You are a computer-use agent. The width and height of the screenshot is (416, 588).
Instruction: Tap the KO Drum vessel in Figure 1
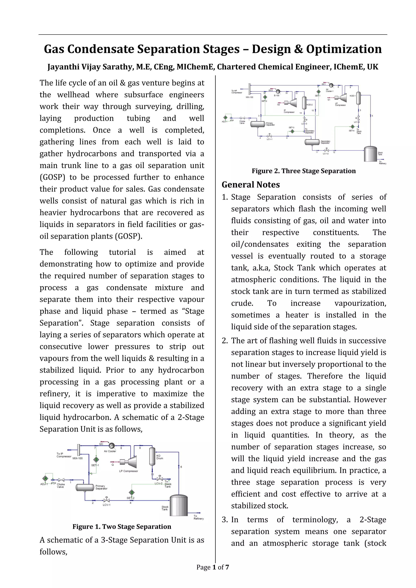(x=152, y=456)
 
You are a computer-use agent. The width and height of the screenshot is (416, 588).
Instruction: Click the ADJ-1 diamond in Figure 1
(x=45, y=478)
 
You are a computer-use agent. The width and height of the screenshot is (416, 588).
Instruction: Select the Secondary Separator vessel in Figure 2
(x=312, y=142)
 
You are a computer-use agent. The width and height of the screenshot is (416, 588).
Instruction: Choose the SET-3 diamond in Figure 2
(x=292, y=131)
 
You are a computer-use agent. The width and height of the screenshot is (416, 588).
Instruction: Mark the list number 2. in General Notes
(x=225, y=341)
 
